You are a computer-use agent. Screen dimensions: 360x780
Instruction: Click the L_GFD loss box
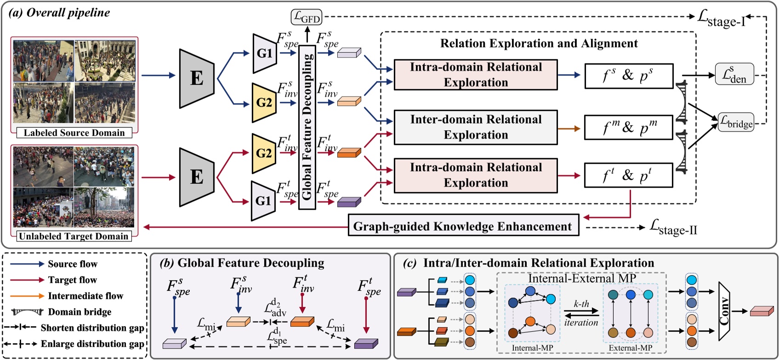[307, 17]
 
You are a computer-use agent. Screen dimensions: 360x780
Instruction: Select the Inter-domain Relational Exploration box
[475, 127]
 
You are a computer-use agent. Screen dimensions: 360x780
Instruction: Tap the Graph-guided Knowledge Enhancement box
[463, 226]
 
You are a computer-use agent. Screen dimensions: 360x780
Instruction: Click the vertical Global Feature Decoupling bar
[307, 127]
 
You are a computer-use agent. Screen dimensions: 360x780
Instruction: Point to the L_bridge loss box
[736, 122]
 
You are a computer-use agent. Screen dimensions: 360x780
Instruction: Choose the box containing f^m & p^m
[629, 127]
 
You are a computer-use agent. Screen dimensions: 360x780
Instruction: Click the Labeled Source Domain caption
[74, 133]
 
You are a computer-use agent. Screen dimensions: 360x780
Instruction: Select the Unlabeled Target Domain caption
[74, 236]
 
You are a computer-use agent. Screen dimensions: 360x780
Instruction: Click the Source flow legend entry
[72, 264]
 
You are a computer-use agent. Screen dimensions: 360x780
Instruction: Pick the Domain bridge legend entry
[79, 312]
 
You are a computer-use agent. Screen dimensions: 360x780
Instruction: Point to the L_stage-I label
[722, 18]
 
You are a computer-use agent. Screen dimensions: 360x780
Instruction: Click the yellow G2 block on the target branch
[263, 153]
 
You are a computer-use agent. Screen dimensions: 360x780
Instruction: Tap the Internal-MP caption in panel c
[532, 348]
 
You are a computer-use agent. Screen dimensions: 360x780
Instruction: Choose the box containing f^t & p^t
[629, 175]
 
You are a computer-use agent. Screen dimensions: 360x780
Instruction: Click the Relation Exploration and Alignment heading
[539, 43]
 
